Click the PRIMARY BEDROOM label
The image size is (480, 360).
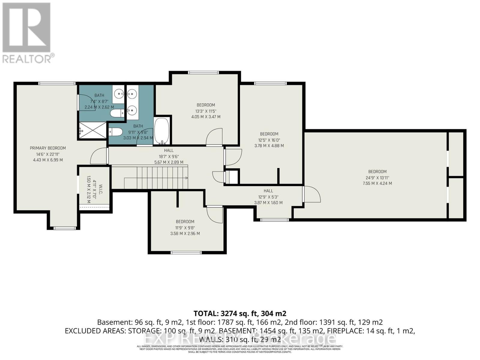coord(48,148)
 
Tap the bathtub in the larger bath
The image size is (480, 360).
coord(162,131)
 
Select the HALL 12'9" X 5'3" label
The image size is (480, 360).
coord(268,191)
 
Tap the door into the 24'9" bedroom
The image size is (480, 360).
coord(312,194)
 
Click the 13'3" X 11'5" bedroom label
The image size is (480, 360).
coord(205,105)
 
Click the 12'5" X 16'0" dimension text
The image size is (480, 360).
coord(269,140)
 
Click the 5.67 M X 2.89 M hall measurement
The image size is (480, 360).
coord(167,162)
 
